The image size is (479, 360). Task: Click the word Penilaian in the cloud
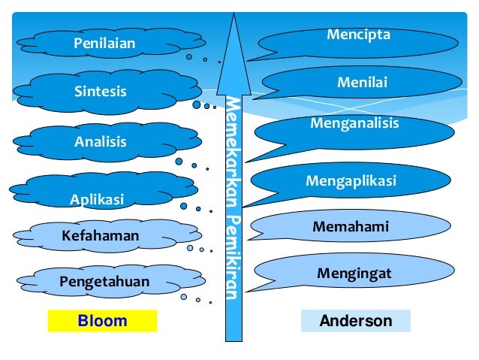[x=104, y=44]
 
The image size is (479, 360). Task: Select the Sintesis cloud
[x=101, y=92]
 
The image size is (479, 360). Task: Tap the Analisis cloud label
[x=101, y=141]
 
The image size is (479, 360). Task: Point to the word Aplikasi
[x=96, y=199]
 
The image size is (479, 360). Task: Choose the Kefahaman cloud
[x=101, y=236]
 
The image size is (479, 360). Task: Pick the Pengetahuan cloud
[x=105, y=282]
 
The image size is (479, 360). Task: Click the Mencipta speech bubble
[x=358, y=35]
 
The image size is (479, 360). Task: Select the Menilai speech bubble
[x=362, y=83]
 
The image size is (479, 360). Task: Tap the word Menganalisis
[x=354, y=123]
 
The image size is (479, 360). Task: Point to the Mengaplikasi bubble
[x=351, y=181]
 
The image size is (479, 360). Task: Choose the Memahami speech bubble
[x=351, y=225]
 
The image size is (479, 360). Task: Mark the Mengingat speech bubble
[x=354, y=274]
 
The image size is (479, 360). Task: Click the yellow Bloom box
[x=103, y=321]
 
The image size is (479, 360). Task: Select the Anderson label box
[x=356, y=321]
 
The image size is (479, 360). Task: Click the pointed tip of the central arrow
[x=236, y=17]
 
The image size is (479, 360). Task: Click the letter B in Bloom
[x=83, y=321]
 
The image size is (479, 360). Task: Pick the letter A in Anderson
[x=325, y=321]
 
